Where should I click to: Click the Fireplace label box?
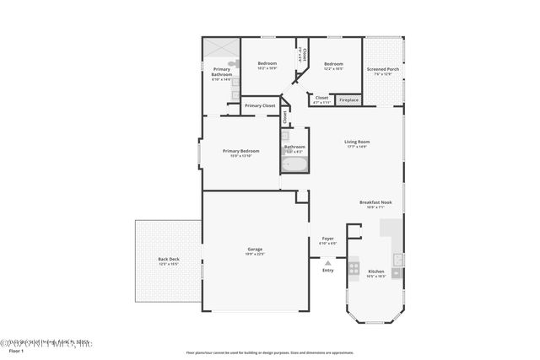click(348, 100)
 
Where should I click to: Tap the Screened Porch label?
click(381, 71)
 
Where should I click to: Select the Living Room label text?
click(356, 144)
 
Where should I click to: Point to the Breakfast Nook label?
click(374, 204)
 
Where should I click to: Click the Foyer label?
click(328, 241)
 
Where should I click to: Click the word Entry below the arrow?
click(327, 270)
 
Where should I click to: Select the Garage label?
click(255, 251)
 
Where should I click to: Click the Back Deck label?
click(169, 261)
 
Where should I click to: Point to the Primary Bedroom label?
click(240, 153)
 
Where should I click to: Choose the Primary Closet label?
click(260, 105)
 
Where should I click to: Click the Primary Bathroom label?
click(222, 73)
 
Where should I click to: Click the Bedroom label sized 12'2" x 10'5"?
click(333, 65)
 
